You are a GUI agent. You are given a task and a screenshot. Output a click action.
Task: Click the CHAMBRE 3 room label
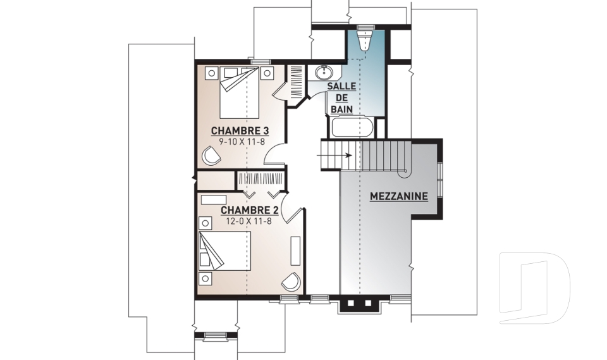(240, 130)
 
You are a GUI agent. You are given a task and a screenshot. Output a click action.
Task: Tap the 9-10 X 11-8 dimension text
(242, 142)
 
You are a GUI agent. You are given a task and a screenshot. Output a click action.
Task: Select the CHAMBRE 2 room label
(250, 211)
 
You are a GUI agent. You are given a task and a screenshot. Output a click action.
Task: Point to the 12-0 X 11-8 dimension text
(248, 221)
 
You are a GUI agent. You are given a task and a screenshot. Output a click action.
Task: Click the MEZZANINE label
(399, 197)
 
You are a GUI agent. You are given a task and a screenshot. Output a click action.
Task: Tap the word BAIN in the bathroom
(342, 109)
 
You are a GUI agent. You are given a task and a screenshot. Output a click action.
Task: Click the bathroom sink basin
(323, 73)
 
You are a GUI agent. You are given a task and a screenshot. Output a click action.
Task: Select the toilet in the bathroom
(365, 40)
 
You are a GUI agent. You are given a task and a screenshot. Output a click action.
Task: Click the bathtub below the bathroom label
(352, 127)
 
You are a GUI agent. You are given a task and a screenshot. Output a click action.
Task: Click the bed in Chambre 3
(239, 92)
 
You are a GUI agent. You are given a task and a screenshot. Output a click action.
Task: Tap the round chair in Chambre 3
(211, 156)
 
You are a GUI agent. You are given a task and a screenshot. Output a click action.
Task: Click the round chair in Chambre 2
(291, 282)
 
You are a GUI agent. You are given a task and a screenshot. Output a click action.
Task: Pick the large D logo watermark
(535, 288)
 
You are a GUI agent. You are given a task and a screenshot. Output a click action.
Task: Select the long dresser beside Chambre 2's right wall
(296, 251)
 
